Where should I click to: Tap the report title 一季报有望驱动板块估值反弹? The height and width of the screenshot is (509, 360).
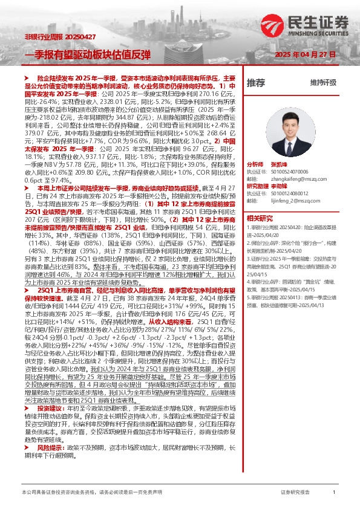point(87,53)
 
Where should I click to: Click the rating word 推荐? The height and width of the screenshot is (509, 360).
point(256,83)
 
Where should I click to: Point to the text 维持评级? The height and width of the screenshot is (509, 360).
point(323,83)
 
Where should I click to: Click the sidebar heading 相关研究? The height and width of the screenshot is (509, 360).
point(260,218)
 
